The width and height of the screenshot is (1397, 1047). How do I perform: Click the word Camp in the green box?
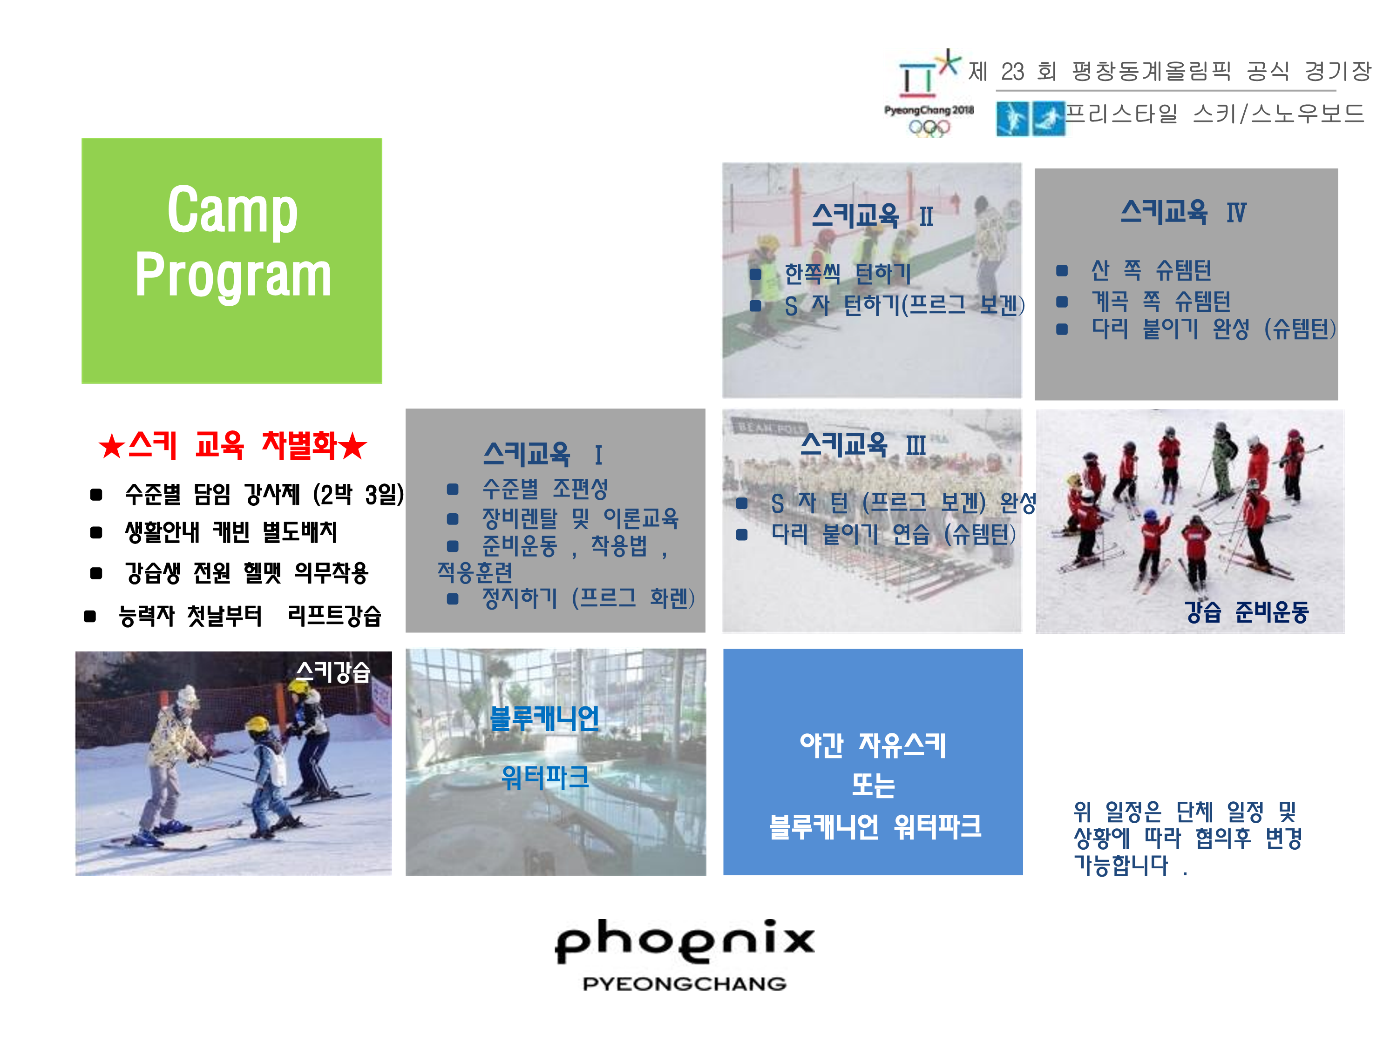(x=232, y=211)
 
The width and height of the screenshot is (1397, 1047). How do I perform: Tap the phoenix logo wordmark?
(x=685, y=940)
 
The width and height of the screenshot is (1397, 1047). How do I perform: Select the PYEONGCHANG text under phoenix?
(x=685, y=983)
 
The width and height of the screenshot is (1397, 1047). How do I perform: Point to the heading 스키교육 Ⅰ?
(x=543, y=454)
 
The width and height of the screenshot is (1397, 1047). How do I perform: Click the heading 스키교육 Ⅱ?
(x=872, y=216)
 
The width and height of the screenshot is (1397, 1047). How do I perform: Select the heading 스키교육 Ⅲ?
(x=863, y=445)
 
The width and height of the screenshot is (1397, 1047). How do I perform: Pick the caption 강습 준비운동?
(x=1247, y=611)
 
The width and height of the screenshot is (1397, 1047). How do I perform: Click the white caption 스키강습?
(x=333, y=671)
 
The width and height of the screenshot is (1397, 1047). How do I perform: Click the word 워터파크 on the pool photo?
(x=544, y=777)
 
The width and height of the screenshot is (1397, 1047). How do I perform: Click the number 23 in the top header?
(x=1012, y=71)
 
